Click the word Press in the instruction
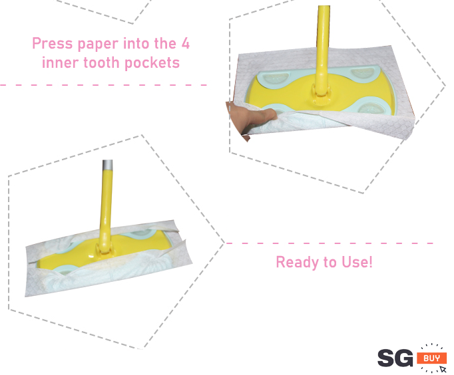(53, 43)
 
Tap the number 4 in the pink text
(186, 43)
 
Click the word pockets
(152, 62)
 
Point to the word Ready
(298, 263)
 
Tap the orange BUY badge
(431, 358)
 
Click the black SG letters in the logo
(395, 358)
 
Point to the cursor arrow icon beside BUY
(443, 369)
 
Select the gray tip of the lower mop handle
(107, 164)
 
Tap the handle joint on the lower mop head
(104, 249)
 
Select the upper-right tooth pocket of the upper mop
(363, 72)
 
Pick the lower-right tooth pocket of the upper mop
(371, 107)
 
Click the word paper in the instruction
(98, 45)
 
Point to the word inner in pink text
(60, 62)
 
